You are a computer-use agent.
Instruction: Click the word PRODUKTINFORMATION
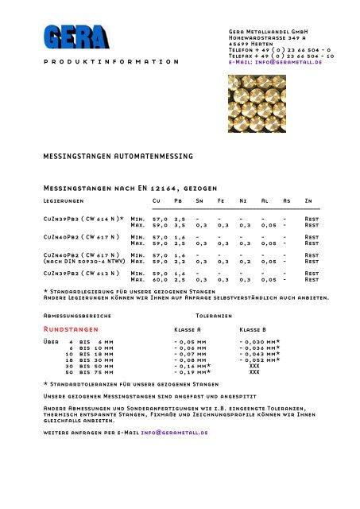click(x=110, y=61)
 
